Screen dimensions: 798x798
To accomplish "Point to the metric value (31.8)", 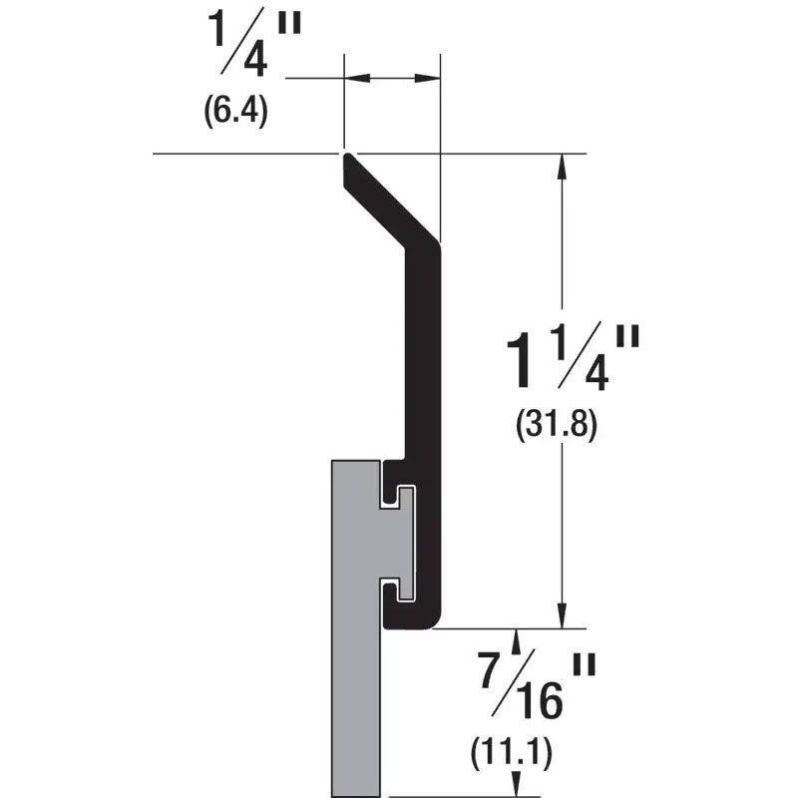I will (556, 426).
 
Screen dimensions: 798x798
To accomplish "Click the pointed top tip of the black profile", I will (346, 157).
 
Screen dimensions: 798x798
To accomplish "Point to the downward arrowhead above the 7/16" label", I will (515, 638).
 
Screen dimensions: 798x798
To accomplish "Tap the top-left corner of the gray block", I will (331, 462).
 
